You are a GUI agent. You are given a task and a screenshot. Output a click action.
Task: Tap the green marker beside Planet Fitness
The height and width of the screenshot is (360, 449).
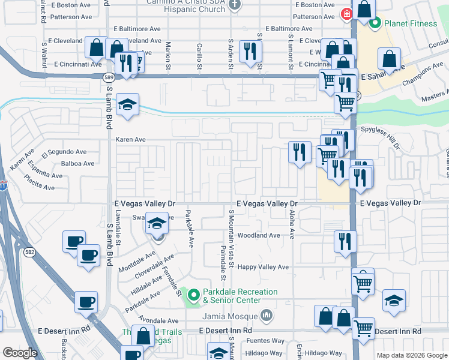point(376,24)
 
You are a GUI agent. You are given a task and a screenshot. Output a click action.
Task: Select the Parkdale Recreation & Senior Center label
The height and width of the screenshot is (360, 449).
point(232,296)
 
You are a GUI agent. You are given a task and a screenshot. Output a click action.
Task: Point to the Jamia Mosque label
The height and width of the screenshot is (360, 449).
point(231,316)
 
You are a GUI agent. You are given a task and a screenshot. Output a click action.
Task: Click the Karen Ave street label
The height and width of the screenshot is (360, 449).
point(131,139)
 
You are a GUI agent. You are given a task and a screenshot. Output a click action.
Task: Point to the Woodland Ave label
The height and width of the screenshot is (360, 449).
point(259,235)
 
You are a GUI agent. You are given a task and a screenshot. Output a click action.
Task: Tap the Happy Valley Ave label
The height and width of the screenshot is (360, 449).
point(264,267)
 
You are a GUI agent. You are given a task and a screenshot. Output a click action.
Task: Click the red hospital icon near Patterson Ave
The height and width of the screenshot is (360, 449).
point(346,13)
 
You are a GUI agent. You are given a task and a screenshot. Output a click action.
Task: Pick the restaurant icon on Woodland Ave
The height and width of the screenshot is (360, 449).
point(345,241)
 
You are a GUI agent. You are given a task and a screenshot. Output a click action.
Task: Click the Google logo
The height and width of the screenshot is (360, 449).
point(20,352)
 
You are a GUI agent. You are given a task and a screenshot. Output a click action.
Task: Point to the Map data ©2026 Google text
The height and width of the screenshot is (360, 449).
point(411,355)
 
